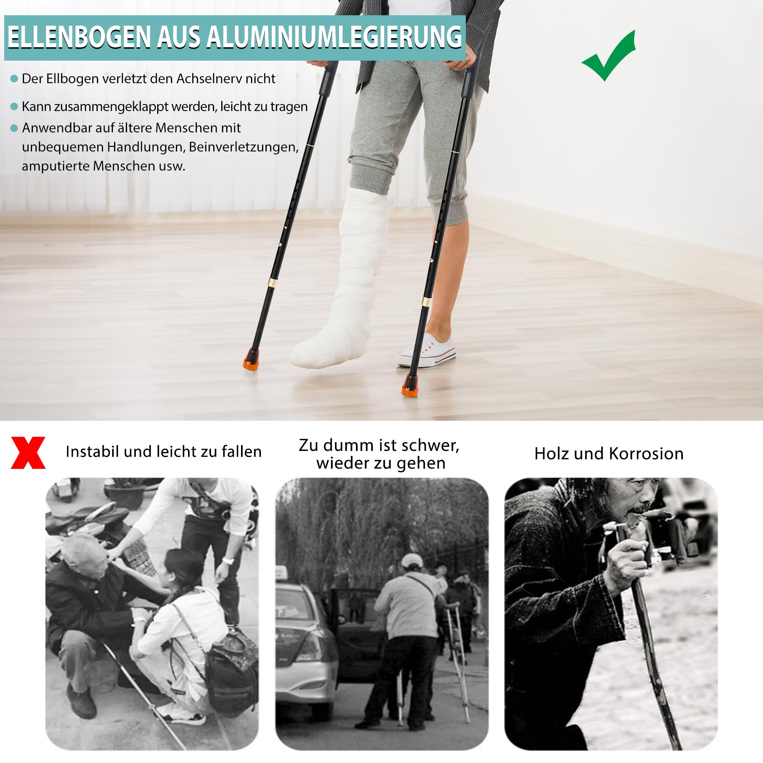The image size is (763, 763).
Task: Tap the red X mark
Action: (28, 452)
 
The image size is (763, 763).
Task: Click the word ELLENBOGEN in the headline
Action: (79, 37)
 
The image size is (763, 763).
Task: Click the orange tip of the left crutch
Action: (251, 359)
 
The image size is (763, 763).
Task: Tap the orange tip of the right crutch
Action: (409, 385)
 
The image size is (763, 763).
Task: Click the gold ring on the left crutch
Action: (272, 282)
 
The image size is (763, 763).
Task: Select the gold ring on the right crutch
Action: (426, 301)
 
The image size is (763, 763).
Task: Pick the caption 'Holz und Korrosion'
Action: (608, 454)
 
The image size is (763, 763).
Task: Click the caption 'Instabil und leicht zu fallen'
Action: (164, 451)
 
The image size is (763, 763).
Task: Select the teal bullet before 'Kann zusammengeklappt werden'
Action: (14, 106)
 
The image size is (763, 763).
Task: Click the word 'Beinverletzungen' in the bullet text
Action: (243, 147)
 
